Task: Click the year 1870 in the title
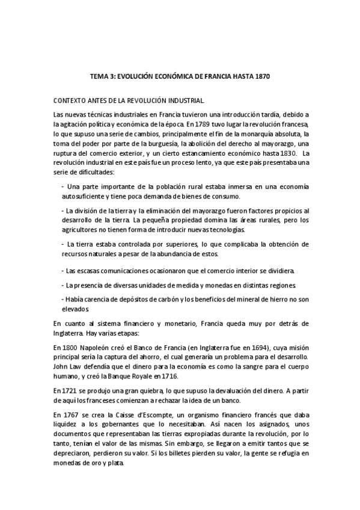[261, 78]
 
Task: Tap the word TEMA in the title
[99, 78]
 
